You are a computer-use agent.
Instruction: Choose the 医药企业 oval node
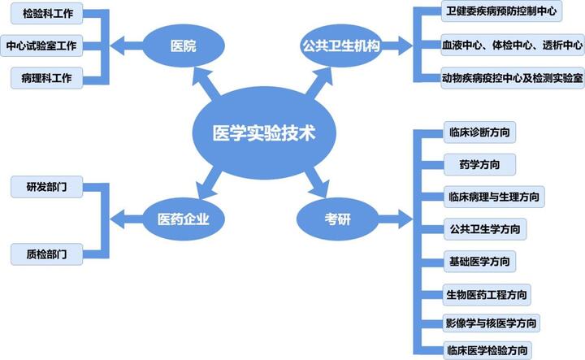point(184,218)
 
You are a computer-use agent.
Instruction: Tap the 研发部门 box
point(45,188)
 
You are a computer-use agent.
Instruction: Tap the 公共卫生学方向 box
point(485,228)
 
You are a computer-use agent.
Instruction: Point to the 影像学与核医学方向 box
point(491,323)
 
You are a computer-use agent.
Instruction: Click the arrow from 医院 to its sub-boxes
point(126,46)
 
